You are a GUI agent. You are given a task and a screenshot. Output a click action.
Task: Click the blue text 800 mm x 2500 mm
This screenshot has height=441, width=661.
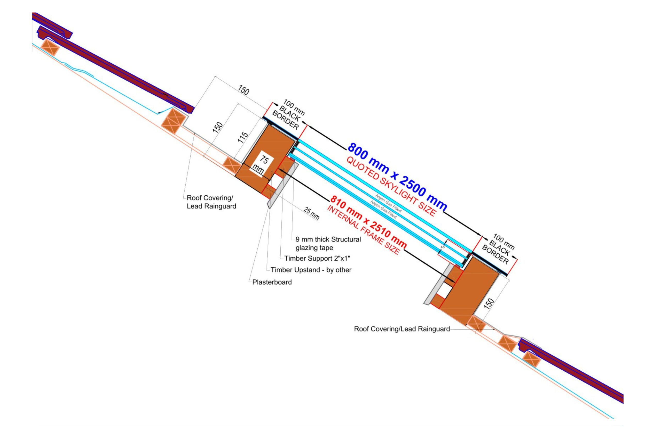click(x=397, y=176)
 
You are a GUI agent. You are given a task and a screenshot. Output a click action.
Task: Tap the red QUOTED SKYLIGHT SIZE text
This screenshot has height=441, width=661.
click(x=391, y=186)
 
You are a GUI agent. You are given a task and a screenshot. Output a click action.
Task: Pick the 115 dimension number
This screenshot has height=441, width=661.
click(x=243, y=137)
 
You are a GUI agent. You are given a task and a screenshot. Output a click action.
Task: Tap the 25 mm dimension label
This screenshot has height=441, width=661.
click(x=311, y=213)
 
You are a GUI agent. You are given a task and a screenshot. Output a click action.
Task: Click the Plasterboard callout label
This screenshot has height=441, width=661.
click(x=272, y=282)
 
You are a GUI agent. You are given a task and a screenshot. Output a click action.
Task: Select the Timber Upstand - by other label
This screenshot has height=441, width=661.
click(x=311, y=270)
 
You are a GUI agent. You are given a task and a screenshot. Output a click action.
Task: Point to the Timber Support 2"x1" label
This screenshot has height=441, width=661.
click(x=317, y=258)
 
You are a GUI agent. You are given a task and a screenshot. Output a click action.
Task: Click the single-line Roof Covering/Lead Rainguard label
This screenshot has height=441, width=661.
click(x=402, y=329)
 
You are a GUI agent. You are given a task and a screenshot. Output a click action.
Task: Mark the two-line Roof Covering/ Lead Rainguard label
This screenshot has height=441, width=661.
click(x=211, y=202)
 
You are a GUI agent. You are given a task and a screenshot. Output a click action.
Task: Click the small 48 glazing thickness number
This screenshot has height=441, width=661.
click(x=442, y=247)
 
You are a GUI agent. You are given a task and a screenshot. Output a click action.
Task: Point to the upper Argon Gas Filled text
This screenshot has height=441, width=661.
click(x=388, y=203)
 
